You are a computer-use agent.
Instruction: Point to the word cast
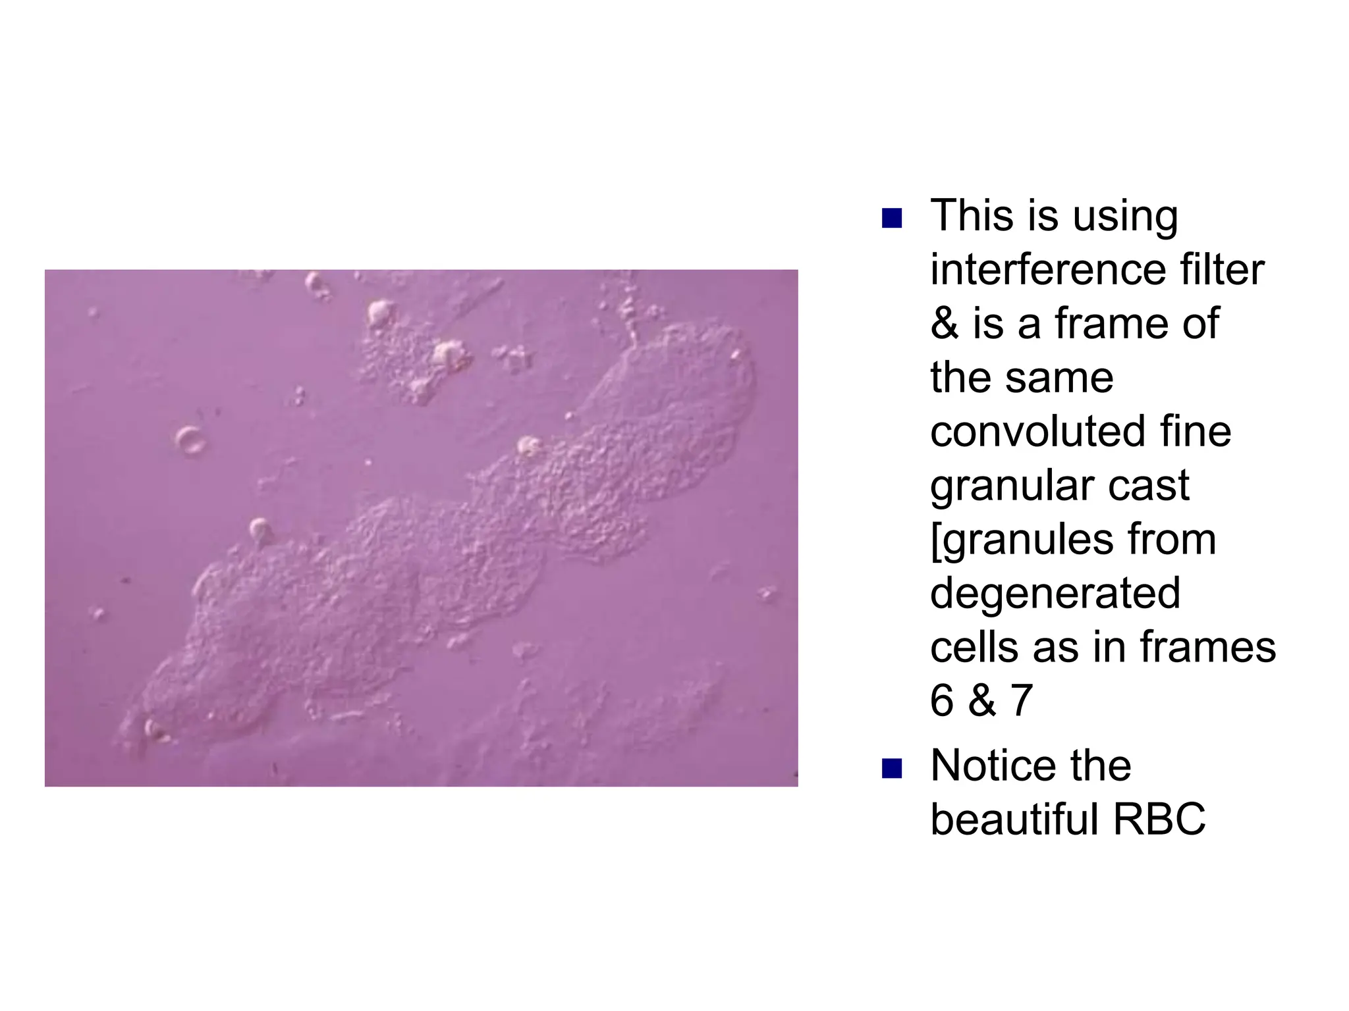click(1149, 486)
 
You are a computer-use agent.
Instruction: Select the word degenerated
click(1055, 594)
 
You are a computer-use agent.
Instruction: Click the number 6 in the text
click(942, 701)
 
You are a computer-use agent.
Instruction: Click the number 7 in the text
click(1021, 701)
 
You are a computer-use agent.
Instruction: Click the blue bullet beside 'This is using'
click(891, 218)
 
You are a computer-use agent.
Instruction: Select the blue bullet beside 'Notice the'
click(891, 768)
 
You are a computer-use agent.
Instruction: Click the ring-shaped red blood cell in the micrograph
click(190, 440)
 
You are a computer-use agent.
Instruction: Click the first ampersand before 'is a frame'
click(945, 324)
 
